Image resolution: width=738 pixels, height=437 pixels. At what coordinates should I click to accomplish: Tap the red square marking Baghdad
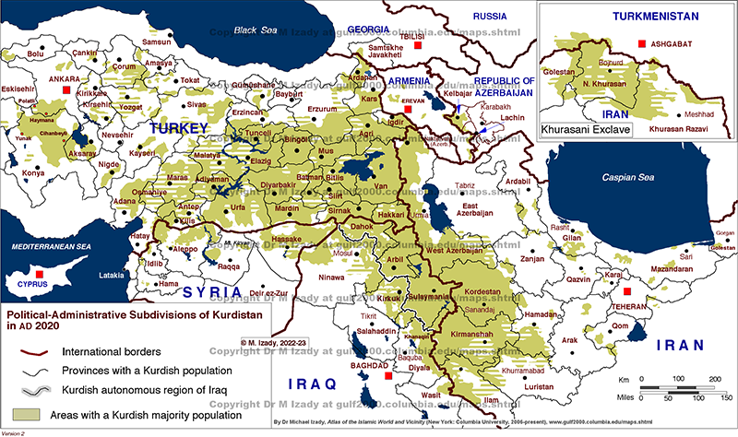pyautogui.click(x=389, y=376)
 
